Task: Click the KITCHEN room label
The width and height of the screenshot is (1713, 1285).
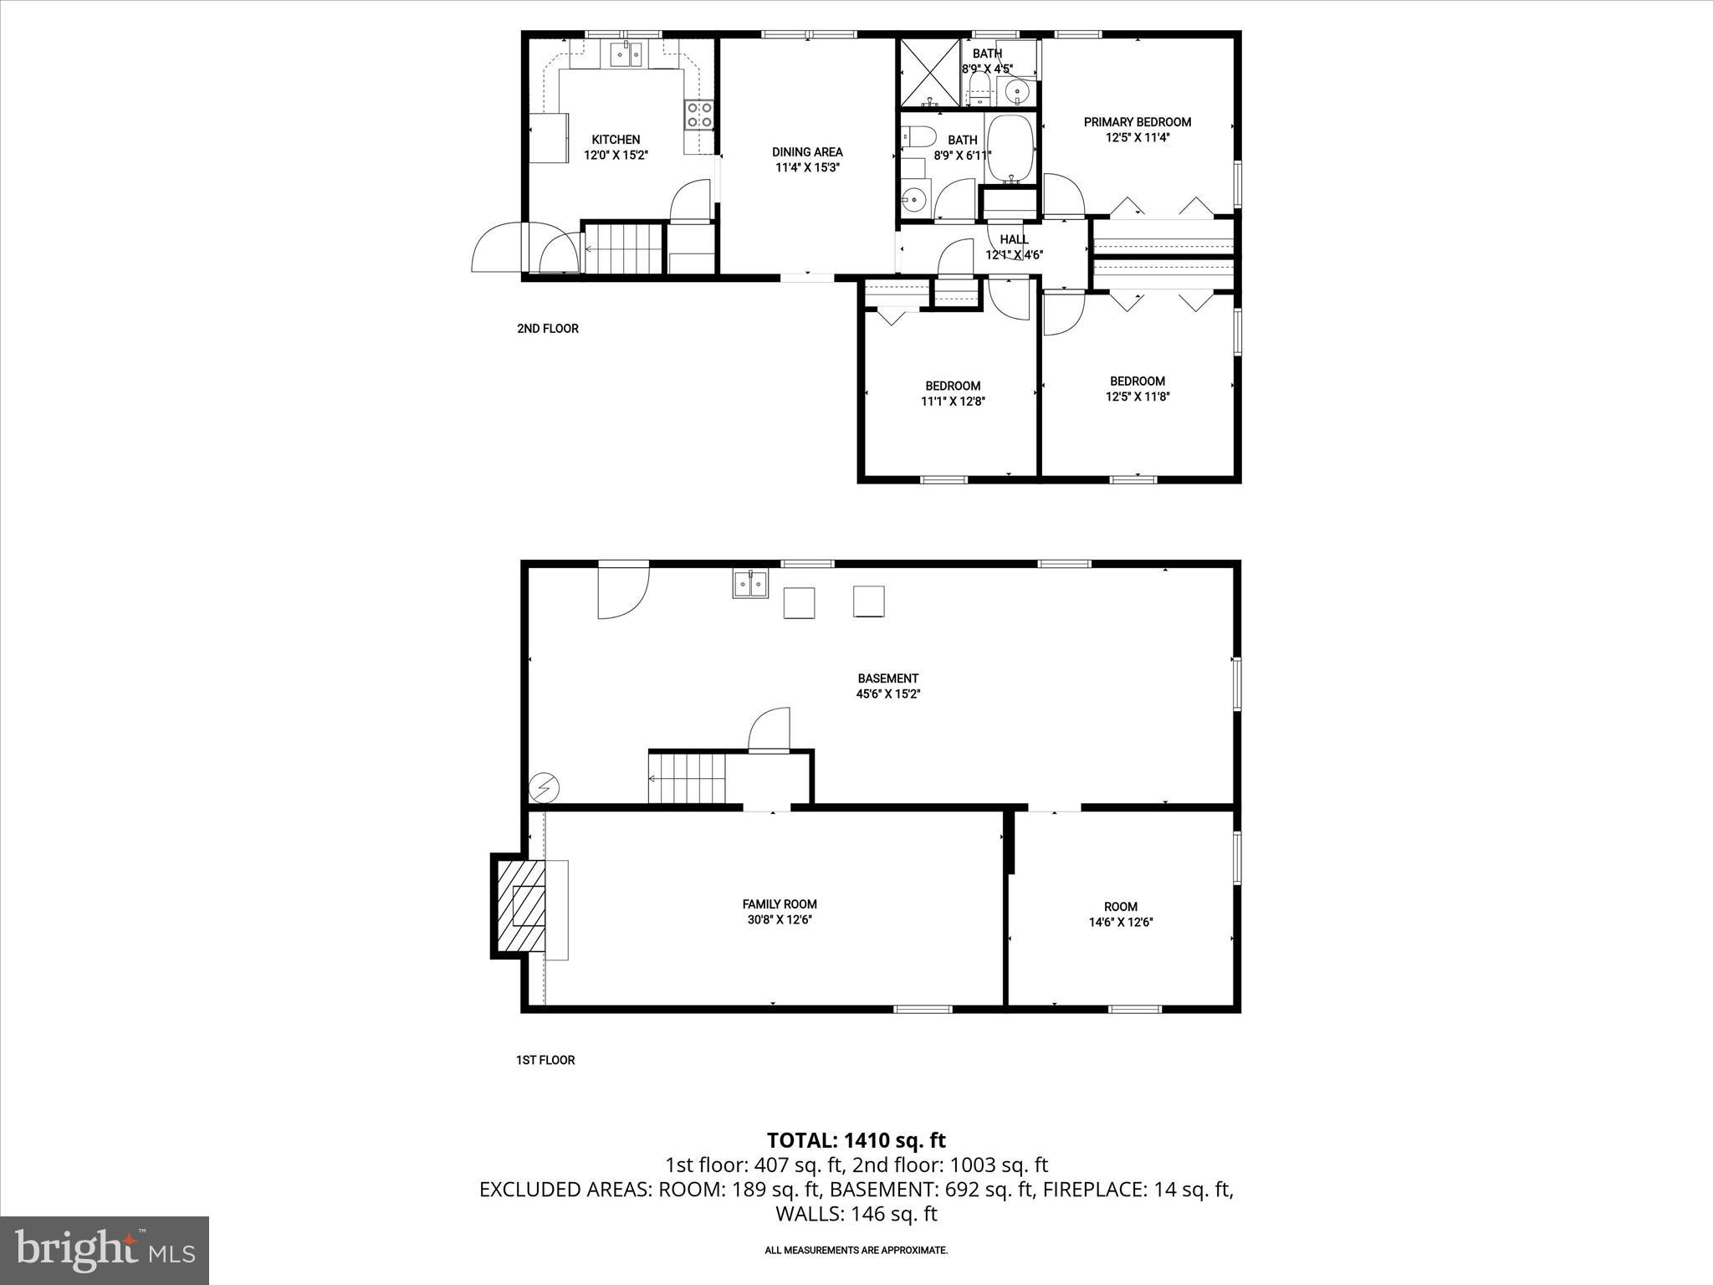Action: pos(616,140)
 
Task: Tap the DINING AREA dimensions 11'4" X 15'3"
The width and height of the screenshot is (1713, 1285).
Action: pos(807,167)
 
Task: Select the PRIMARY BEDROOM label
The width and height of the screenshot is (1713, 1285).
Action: pos(1137,122)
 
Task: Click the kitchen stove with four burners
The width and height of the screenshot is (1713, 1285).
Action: pos(699,115)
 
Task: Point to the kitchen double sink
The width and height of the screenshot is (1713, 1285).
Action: pos(626,56)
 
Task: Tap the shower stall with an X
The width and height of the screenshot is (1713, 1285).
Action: pos(929,72)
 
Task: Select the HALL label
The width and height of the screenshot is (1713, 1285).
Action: pos(1014,240)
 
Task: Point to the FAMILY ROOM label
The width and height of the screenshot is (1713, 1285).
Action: pos(780,904)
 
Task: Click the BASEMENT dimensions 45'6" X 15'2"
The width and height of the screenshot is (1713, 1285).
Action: pos(887,694)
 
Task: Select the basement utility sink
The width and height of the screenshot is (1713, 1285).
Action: pos(750,583)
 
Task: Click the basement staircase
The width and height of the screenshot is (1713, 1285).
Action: pos(687,778)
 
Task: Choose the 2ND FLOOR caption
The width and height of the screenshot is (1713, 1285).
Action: pos(547,329)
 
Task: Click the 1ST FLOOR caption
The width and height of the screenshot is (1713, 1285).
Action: pos(545,1060)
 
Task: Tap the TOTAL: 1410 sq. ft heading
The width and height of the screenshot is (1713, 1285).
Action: pos(856,1140)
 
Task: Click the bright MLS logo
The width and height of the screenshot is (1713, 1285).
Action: pos(105,1250)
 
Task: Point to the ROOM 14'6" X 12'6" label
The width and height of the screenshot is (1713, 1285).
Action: pos(1120,914)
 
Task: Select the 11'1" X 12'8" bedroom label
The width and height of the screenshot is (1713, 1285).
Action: pos(952,401)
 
